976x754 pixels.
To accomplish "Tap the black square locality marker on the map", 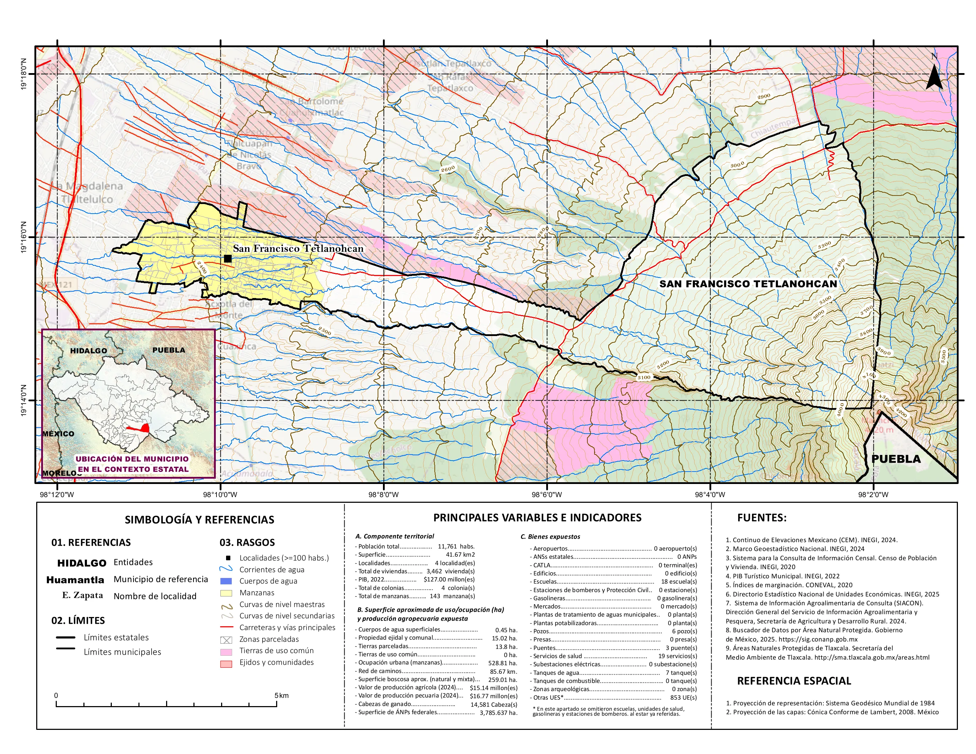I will tap(227, 259).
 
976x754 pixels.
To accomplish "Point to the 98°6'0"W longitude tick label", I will tap(547, 495).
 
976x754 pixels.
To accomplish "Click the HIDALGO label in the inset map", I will tap(88, 351).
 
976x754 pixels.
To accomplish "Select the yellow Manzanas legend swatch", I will tap(226, 593).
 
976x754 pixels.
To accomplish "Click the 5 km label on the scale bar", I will tap(281, 695).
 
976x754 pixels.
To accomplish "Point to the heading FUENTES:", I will tap(762, 518).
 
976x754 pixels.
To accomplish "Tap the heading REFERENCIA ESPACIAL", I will tap(794, 681).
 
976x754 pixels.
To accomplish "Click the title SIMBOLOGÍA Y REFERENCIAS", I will tap(199, 519).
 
